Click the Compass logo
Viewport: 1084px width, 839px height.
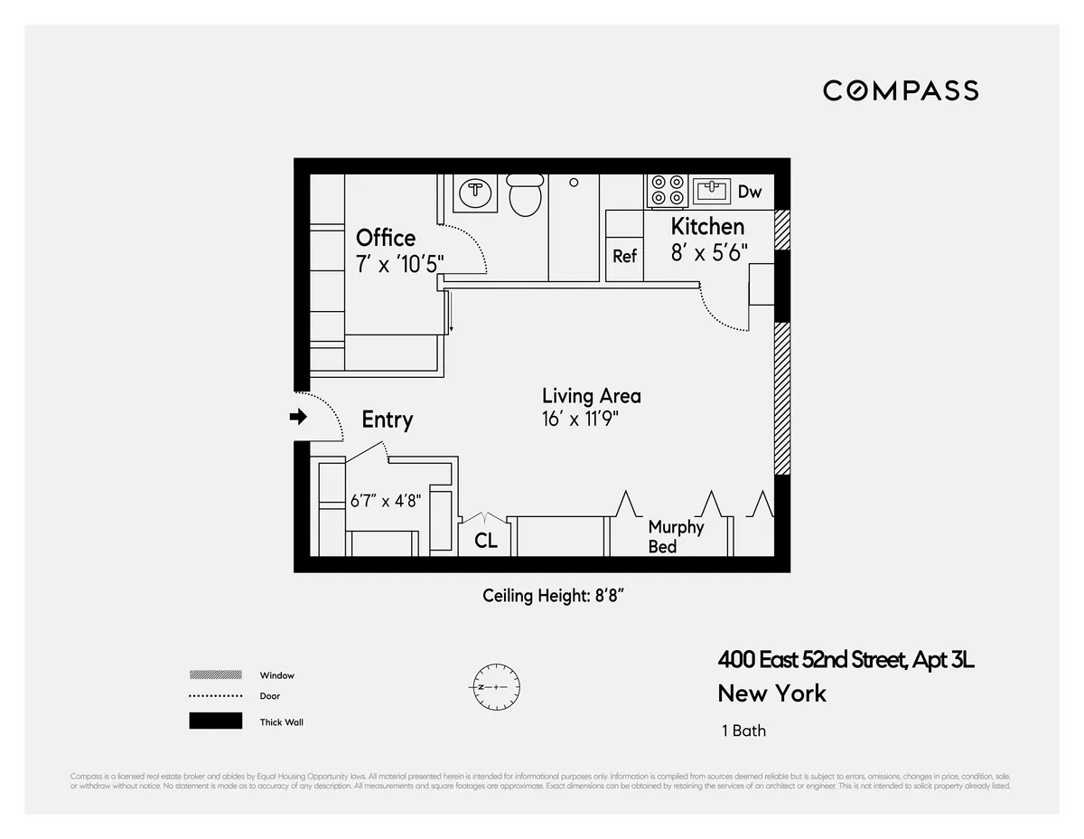901,90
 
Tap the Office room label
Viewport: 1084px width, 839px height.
386,238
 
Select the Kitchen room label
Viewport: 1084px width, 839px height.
707,226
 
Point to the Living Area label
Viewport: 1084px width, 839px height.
591,396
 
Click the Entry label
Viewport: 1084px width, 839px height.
387,419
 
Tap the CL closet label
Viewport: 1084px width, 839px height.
486,541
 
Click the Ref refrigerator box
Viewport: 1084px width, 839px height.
624,256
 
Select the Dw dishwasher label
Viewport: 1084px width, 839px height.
750,192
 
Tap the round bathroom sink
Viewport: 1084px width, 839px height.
474,192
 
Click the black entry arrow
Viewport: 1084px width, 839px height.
297,417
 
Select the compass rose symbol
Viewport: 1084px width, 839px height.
493,687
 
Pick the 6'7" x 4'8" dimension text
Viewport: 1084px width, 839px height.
386,500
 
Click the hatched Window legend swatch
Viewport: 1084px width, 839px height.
215,674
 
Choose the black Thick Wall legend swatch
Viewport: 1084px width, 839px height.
215,721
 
